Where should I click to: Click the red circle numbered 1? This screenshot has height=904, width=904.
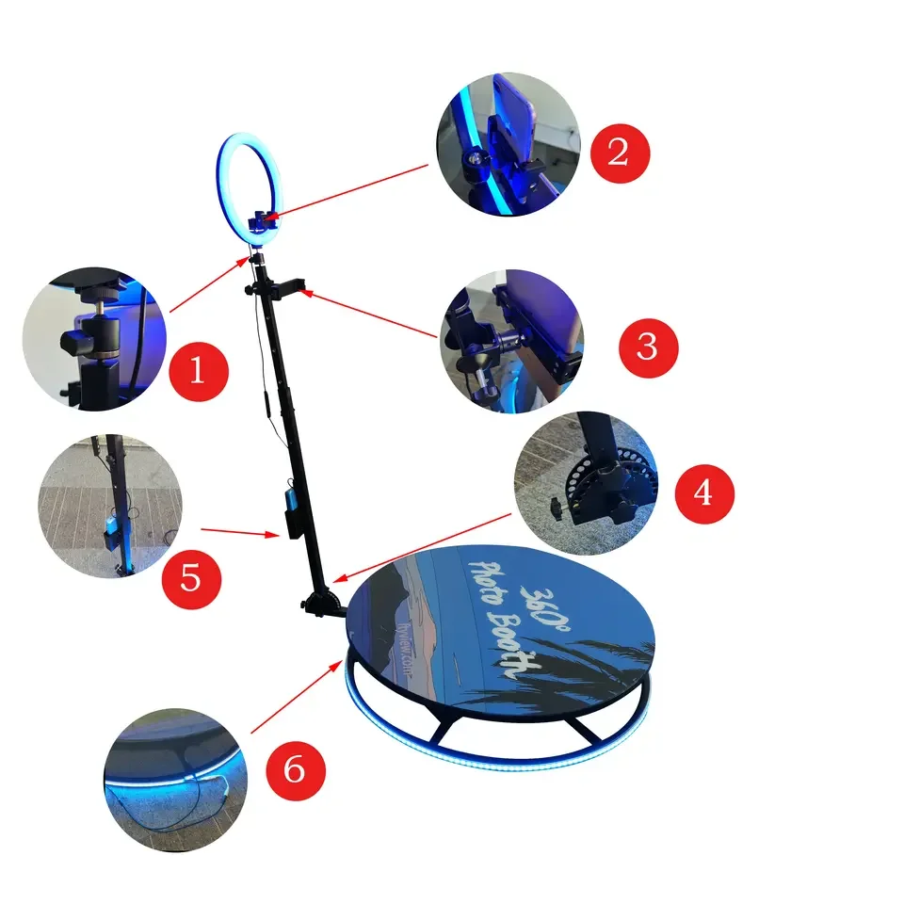click(198, 370)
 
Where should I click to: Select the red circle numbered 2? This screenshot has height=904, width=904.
click(619, 153)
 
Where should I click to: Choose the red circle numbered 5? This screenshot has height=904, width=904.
click(190, 577)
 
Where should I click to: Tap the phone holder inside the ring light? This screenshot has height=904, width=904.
click(259, 222)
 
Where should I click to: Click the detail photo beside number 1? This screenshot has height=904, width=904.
click(94, 339)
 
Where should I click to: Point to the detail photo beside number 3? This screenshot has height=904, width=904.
click(511, 340)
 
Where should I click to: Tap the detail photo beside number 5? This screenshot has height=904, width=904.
click(108, 506)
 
